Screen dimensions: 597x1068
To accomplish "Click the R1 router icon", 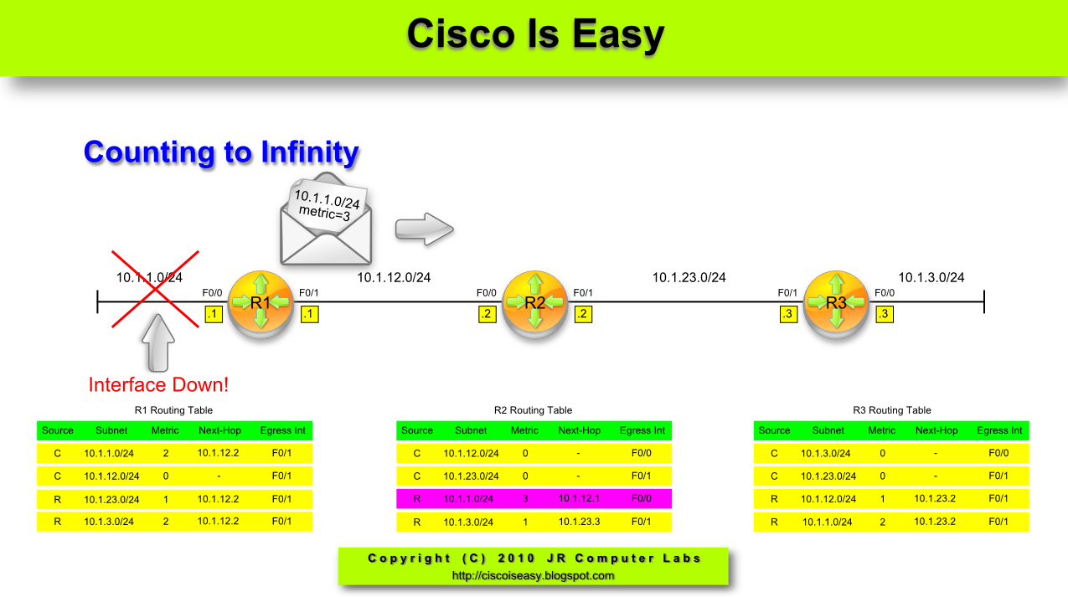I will tap(260, 302).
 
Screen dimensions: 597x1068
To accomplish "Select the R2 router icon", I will tap(534, 302).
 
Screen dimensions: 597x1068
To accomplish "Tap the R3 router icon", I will tap(836, 302).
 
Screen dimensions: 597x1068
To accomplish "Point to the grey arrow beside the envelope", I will tap(424, 229).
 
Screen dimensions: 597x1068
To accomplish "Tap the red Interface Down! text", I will tap(158, 385).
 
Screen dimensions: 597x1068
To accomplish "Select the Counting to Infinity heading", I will tap(221, 152).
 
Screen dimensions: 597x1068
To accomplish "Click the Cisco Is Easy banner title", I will tap(535, 34).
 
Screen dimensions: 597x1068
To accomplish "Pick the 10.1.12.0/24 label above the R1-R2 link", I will tap(394, 278).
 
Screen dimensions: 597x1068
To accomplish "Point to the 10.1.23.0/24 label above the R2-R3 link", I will tap(689, 278).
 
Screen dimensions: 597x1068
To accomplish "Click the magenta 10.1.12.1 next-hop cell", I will tap(579, 499).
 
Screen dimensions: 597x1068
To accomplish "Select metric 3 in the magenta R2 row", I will tap(524, 499).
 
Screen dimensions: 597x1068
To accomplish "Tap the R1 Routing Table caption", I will tap(173, 410).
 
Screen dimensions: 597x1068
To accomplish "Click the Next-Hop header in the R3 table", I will tap(936, 430).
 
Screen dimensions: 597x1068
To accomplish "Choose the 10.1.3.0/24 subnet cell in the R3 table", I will tap(828, 453).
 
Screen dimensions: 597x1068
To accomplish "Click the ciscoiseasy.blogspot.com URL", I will tap(533, 576).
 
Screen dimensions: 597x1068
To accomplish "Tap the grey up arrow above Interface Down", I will tap(158, 343).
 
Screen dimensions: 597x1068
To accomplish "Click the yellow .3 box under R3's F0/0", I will tap(884, 315).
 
